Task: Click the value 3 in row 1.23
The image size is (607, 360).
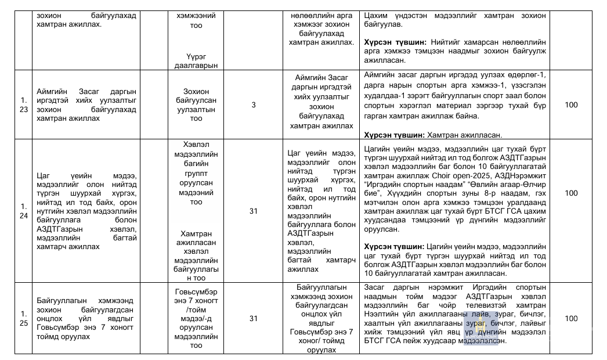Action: [254, 105]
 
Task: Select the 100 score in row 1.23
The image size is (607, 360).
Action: [571, 105]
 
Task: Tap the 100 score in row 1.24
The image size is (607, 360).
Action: [571, 193]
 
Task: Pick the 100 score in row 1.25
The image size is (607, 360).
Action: [571, 318]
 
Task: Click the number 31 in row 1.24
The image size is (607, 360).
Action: [254, 211]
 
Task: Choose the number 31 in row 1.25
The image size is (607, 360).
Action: [254, 318]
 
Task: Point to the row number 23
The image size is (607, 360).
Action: [23, 110]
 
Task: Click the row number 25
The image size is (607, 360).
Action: [23, 323]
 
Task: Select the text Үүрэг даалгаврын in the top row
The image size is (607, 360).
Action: [202, 60]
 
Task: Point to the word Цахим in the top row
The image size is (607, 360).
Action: [375, 16]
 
